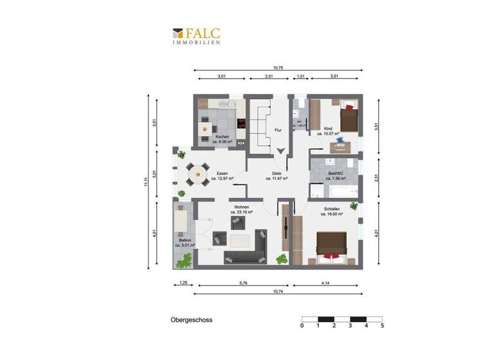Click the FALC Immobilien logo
[196, 35]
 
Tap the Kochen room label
[222, 138]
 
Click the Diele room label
[277, 174]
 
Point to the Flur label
[278, 130]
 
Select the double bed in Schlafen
[333, 247]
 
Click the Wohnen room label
[241, 207]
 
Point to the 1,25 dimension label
[183, 283]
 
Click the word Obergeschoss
[191, 319]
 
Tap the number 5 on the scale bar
[382, 326]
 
